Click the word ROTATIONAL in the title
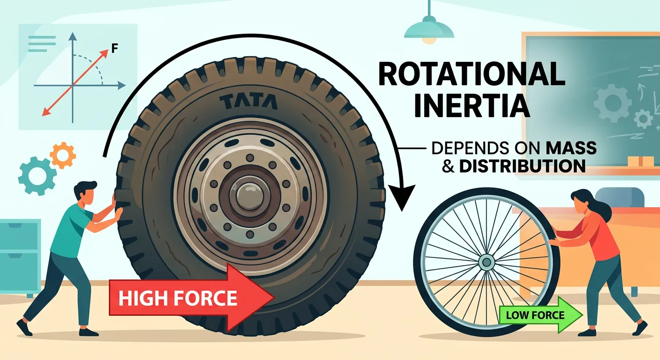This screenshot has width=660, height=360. [471, 75]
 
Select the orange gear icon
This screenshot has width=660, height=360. [63, 156]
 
